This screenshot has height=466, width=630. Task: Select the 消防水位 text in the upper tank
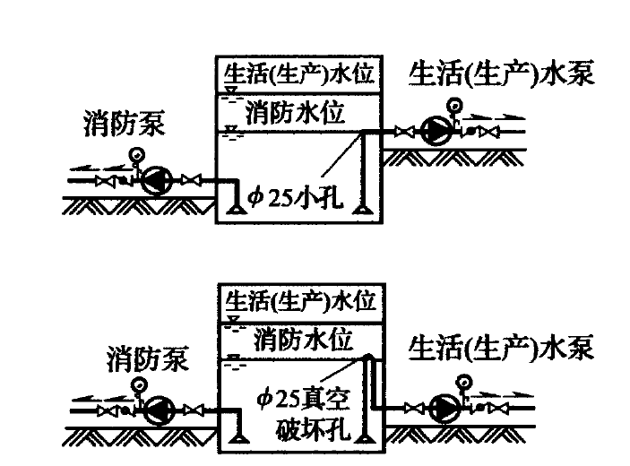[x=295, y=113]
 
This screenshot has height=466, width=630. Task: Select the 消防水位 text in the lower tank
[x=305, y=340]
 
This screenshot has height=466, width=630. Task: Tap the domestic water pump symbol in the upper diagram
[x=437, y=133]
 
